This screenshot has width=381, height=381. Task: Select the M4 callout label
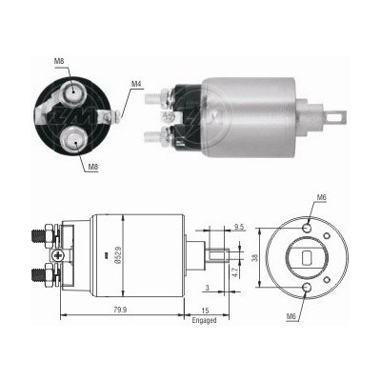[x=137, y=84]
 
